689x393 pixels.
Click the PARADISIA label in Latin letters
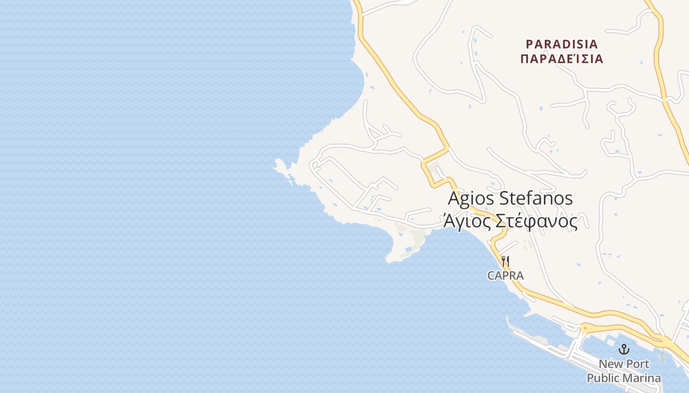tap(562, 44)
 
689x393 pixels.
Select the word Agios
tap(471, 198)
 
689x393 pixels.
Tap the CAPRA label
tap(505, 276)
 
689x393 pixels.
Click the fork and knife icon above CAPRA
tap(505, 260)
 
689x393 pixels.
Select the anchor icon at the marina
tap(624, 349)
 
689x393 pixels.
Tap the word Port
tap(638, 364)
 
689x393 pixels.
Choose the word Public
tap(604, 378)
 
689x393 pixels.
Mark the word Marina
tap(642, 378)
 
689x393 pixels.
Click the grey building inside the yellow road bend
tap(434, 170)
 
